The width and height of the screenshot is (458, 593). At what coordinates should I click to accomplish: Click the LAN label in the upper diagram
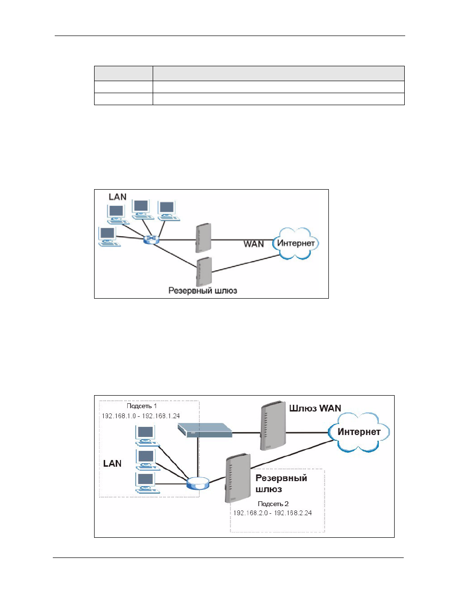coord(117,197)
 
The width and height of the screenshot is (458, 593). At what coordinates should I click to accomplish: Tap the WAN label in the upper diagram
coord(253,244)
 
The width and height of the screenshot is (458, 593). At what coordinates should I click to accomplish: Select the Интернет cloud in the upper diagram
coord(295,243)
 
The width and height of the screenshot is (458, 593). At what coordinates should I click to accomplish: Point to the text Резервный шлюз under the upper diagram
coord(203,290)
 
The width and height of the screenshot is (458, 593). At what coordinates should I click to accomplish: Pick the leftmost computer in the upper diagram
coord(109,237)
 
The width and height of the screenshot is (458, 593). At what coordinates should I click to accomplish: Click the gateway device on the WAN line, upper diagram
coord(203,238)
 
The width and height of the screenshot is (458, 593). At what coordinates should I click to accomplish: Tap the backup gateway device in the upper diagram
coord(204,271)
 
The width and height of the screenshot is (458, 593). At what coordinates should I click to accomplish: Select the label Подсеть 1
coord(142,406)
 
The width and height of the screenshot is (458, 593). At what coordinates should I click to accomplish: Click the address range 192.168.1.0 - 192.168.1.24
coord(141,416)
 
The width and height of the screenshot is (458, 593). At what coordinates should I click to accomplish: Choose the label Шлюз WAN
coord(315,408)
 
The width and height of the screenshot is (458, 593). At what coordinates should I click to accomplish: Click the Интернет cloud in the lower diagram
coord(359,432)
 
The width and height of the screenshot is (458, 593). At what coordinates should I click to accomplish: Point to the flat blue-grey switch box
coord(205,430)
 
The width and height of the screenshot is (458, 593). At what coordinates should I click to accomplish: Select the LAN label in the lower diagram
coord(112,463)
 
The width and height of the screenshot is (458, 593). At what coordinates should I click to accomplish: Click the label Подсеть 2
coord(273,504)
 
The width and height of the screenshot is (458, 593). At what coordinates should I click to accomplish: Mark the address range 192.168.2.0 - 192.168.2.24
coord(273,513)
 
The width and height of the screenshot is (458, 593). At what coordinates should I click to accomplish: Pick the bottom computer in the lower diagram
coord(147,483)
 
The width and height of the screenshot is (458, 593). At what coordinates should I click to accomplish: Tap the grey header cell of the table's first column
coord(123,73)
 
